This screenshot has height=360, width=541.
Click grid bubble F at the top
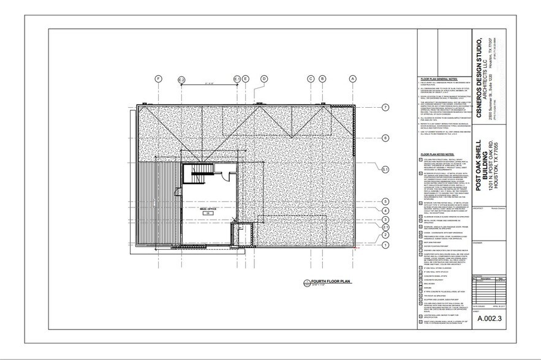[158, 79]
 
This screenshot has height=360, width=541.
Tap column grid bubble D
[264, 79]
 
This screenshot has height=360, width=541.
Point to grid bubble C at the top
[311, 79]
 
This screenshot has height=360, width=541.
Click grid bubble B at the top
[322, 79]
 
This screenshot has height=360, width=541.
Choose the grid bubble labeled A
[353, 79]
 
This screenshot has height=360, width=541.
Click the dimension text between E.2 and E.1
[210, 84]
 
